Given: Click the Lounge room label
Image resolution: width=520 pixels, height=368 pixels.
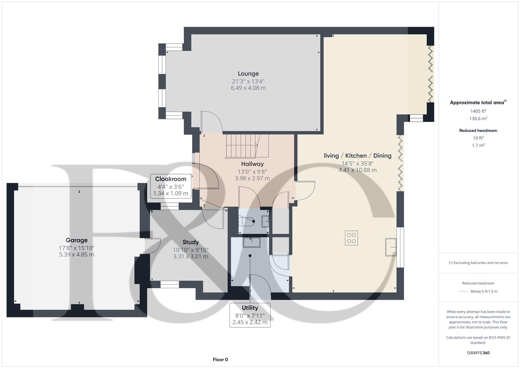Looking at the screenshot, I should [x=248, y=74].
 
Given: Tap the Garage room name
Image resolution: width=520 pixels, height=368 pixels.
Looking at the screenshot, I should [x=77, y=240].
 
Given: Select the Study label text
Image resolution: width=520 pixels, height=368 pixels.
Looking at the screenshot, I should [x=190, y=242].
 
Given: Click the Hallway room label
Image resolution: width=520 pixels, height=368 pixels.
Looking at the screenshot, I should [x=252, y=164].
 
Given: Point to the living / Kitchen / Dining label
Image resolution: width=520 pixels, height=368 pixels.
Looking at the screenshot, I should [x=358, y=156].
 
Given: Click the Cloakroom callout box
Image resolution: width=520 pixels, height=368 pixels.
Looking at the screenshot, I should [x=171, y=186].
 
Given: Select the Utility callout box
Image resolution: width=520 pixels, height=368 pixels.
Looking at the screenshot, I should [x=250, y=315].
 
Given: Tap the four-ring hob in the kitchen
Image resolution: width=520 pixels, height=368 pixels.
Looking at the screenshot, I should [x=351, y=238].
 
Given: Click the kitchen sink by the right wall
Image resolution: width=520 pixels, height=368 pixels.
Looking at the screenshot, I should [x=391, y=247].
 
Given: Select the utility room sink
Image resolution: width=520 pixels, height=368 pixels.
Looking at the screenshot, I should [x=251, y=242].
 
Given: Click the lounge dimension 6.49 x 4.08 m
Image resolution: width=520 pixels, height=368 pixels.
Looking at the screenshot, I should [x=248, y=88].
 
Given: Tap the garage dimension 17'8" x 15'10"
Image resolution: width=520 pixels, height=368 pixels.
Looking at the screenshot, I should [x=77, y=248].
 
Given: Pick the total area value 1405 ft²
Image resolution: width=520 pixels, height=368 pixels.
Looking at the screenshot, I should [x=478, y=111].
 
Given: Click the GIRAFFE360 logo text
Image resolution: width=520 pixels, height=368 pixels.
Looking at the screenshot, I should [x=478, y=353].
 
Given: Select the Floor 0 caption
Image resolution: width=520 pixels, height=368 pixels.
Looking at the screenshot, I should [x=220, y=359].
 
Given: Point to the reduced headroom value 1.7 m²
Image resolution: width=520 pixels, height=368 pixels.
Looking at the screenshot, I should [x=478, y=145].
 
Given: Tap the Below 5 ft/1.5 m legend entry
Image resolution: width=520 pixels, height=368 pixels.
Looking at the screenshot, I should [x=484, y=291].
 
